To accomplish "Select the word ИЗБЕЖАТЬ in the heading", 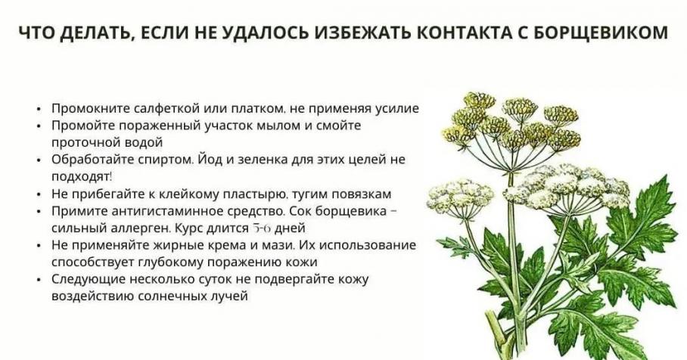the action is click(361, 33).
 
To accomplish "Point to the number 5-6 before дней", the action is click(261, 228).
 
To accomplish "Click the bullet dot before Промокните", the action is click(40, 109).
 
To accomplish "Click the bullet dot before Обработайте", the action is click(40, 160).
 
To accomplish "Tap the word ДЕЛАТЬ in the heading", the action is click(94, 33).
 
